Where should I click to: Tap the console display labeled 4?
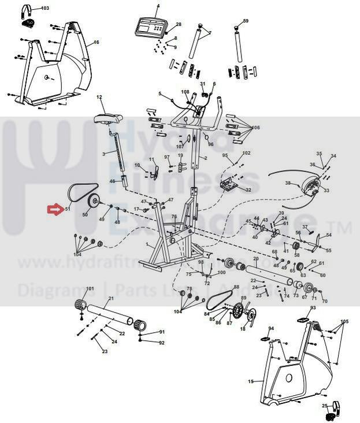coord(149,26)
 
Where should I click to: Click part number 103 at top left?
coord(46,8)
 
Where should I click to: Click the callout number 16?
coord(97,42)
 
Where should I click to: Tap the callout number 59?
coord(246,21)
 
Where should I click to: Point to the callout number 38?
coord(288,183)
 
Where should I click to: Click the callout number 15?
coord(251,381)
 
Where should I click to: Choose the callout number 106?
coord(255,128)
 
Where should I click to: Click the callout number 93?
coord(313,308)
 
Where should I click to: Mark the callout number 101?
coord(90,288)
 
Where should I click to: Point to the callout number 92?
coord(162,343)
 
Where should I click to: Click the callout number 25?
coord(325,405)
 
